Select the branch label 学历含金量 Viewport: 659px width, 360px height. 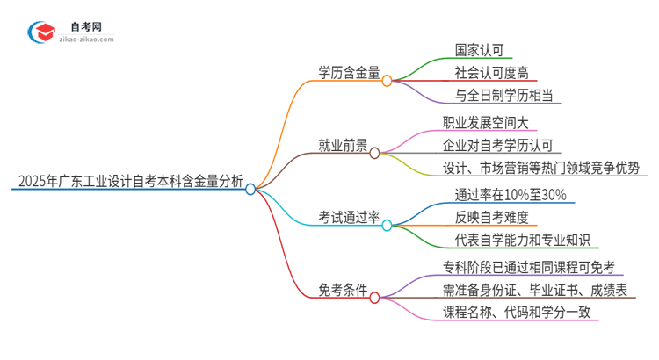pyautogui.click(x=349, y=75)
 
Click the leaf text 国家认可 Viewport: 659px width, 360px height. pyautogui.click(x=479, y=49)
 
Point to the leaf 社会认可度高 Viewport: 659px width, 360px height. pyautogui.click(x=491, y=72)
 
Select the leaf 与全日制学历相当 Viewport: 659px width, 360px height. pyautogui.click(x=503, y=95)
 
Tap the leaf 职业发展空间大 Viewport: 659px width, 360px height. pyautogui.click(x=485, y=122)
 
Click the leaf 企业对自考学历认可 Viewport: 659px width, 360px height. pyautogui.click(x=497, y=145)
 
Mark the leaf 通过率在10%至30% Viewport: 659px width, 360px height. pyautogui.click(x=503, y=195)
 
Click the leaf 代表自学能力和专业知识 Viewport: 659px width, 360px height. pyautogui.click(x=516, y=241)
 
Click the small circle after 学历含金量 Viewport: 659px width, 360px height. pyautogui.click(x=387, y=80)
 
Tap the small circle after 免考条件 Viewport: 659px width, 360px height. pyautogui.click(x=375, y=297)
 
